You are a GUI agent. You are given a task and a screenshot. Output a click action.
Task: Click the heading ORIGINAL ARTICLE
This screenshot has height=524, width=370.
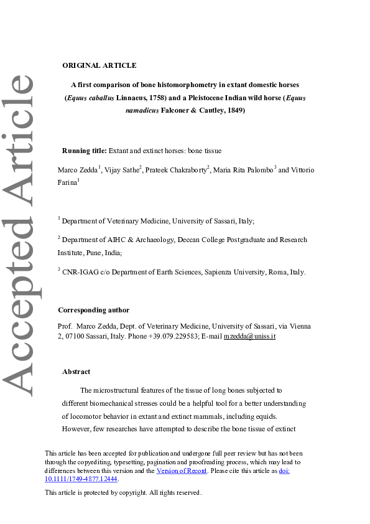click(x=99, y=65)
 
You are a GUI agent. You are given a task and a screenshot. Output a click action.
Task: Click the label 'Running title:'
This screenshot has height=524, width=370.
click(x=85, y=151)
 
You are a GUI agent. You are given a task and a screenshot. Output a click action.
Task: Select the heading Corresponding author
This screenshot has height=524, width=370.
click(x=93, y=310)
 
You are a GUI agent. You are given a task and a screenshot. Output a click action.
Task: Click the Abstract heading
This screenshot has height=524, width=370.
click(x=76, y=372)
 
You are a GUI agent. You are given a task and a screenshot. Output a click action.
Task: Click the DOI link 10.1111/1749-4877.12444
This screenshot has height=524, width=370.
click(x=81, y=479)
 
